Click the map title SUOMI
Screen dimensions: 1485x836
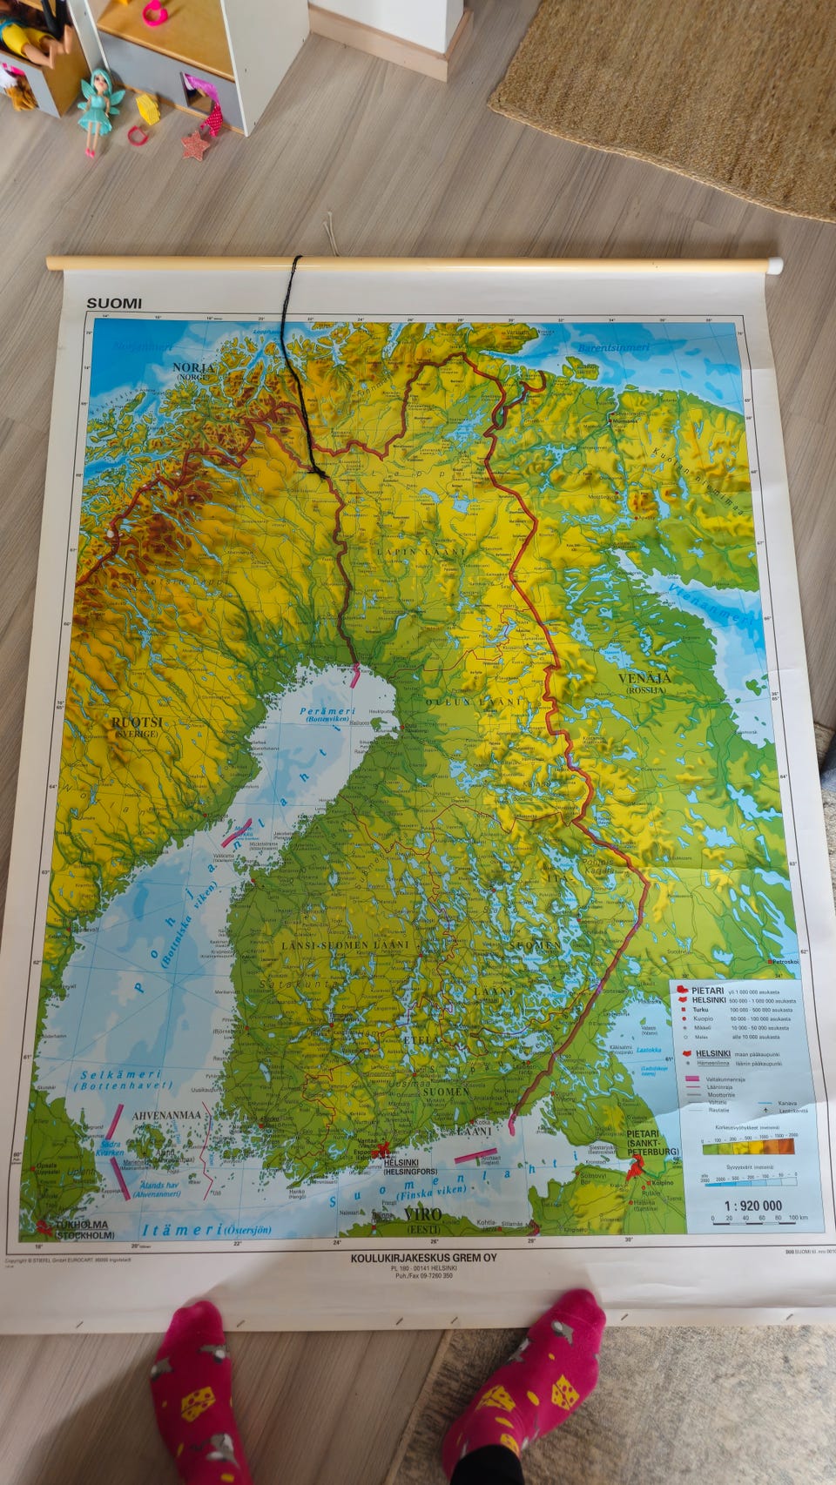coord(114,304)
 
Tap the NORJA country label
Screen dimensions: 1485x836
coord(193,368)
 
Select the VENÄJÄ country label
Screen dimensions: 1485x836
coord(644,678)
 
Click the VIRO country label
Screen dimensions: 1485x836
coord(422,1214)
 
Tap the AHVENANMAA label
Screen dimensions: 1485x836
coord(166,1115)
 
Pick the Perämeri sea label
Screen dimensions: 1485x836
coord(328,712)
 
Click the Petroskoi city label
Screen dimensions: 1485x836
coord(785,961)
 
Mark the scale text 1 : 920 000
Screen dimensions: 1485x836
coord(753,1206)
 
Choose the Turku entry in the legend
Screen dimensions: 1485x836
coord(701,1010)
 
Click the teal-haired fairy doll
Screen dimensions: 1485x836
coord(95,110)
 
